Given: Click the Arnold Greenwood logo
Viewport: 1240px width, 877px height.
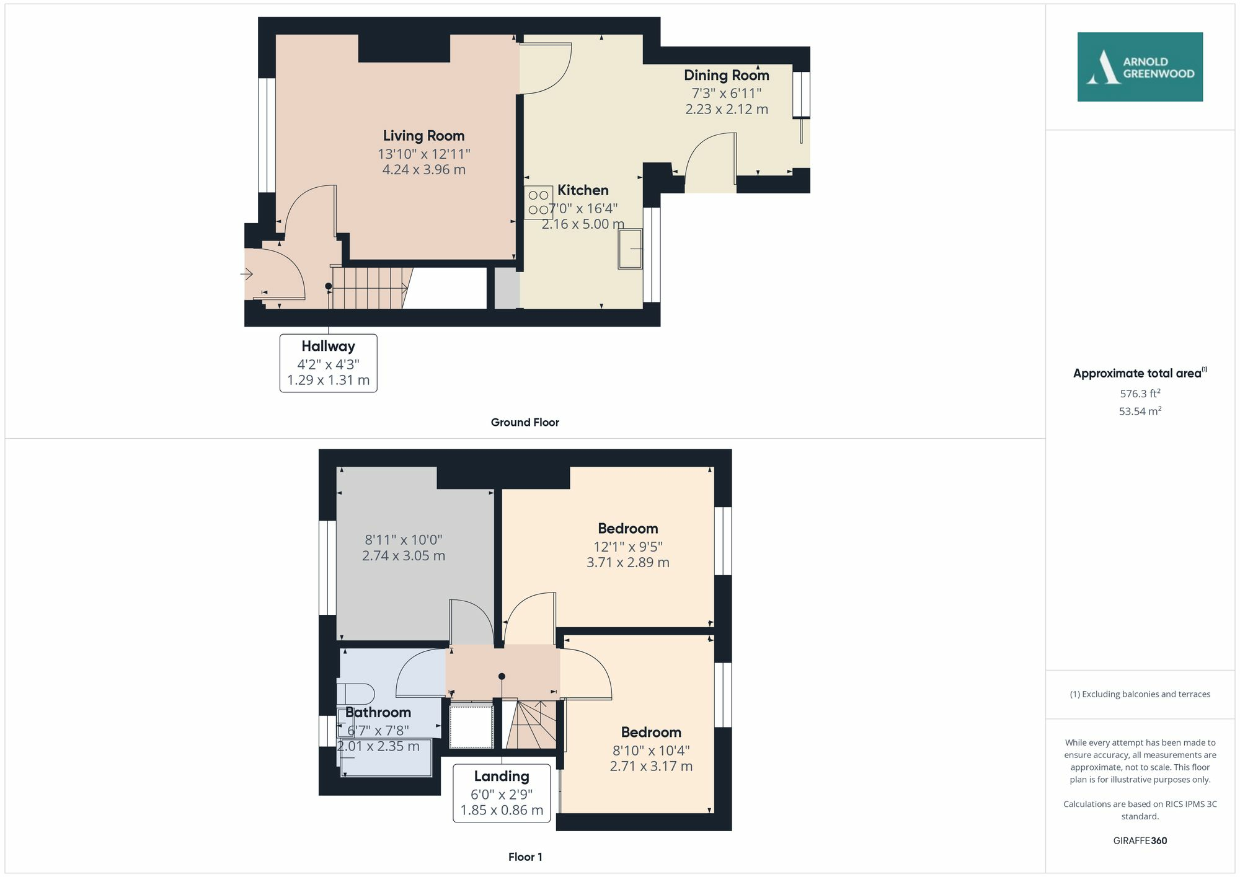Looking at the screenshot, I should point(1140,67).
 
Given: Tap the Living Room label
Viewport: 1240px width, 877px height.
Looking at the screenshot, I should point(423,136).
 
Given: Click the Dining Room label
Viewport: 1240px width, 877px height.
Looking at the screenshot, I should point(726,76).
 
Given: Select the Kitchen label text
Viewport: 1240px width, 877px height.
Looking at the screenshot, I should point(583,190).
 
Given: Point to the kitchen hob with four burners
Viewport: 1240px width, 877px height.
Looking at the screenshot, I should point(538,203).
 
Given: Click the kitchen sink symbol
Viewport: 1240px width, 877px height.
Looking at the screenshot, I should point(630,249).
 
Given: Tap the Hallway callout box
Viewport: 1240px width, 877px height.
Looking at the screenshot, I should point(328,363).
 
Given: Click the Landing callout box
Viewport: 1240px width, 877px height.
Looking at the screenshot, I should point(501,793).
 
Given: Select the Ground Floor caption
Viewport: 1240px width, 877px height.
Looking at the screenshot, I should point(525,423).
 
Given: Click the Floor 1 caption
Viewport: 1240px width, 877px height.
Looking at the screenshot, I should point(525,857).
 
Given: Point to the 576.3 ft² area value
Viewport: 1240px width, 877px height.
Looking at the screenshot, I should point(1140,394).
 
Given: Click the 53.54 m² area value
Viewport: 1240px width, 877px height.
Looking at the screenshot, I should point(1140,411).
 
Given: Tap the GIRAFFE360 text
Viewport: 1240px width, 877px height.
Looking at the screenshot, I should point(1140,841).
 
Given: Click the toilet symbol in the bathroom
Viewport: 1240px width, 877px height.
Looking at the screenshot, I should point(356,694).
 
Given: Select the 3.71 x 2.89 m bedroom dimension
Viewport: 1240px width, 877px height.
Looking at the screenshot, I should point(627,563).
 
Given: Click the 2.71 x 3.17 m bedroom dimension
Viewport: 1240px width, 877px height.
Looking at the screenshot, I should point(650,766).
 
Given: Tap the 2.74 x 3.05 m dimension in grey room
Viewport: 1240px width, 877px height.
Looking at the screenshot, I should point(403,556).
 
